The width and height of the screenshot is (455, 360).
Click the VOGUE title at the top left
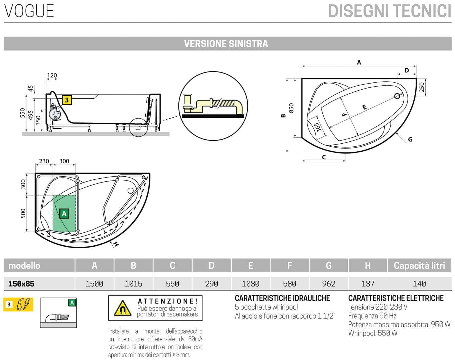(29, 11)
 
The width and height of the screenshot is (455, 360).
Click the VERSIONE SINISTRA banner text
(226, 44)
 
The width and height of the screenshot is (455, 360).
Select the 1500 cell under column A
(94, 284)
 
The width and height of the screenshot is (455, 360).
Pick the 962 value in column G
(328, 284)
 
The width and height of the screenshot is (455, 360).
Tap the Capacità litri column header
(419, 265)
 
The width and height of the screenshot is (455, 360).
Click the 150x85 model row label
(22, 284)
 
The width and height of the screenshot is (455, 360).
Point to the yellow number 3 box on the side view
(67, 100)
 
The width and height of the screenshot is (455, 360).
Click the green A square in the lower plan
(64, 213)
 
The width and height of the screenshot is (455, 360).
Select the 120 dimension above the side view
(52, 75)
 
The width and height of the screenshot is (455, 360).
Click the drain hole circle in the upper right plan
(397, 96)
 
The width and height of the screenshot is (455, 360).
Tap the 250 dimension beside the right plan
(422, 87)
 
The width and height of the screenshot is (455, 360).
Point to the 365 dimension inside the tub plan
(318, 127)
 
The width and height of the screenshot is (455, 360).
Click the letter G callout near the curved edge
(410, 139)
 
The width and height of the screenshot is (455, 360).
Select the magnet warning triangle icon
(122, 308)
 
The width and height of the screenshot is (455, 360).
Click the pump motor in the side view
(54, 113)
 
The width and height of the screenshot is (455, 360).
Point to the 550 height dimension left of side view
(23, 113)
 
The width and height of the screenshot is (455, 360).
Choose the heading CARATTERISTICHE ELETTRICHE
(396, 298)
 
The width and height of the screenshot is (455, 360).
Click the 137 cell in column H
(368, 284)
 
